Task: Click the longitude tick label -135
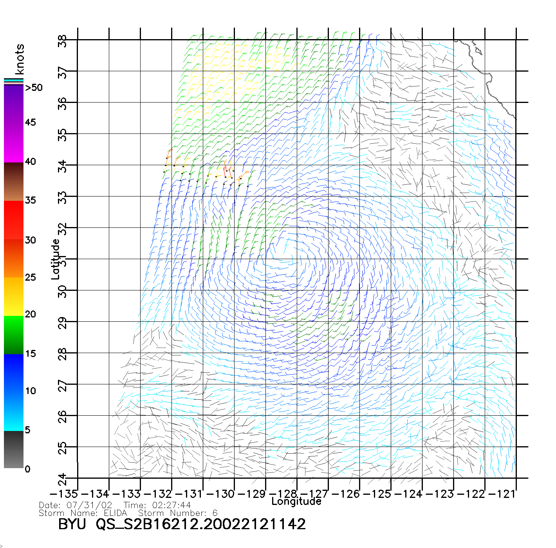coord(63,494)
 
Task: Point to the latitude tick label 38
coord(62,41)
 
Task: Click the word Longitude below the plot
coord(296,501)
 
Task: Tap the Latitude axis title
coord(56,259)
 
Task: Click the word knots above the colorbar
coord(20,59)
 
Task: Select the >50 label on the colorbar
coord(34,88)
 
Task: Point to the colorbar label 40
coord(30,162)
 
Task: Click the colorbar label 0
coord(27,469)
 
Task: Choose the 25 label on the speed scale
coord(30,278)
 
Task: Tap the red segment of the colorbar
coord(14,219)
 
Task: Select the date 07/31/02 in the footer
coord(89,505)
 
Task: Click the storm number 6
coord(215,513)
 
